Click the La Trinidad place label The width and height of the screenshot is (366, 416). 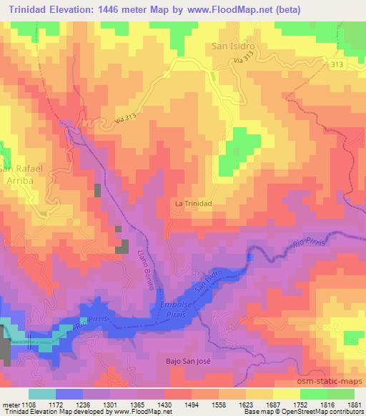click(x=194, y=203)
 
